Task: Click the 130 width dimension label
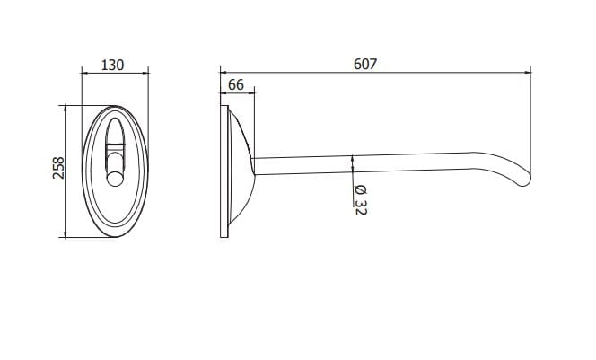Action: (x=112, y=65)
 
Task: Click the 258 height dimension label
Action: (x=58, y=168)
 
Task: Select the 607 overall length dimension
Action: (x=365, y=64)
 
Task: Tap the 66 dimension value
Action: (x=236, y=84)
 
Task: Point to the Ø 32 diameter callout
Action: (x=360, y=200)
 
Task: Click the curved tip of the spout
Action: (x=524, y=180)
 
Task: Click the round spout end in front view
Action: (x=115, y=179)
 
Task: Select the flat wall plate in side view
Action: (x=224, y=171)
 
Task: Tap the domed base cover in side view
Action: (x=241, y=166)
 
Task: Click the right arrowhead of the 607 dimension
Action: (x=528, y=72)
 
